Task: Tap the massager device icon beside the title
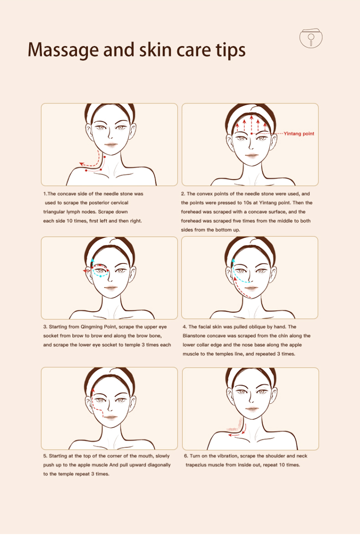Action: [311, 38]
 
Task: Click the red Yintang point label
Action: [299, 134]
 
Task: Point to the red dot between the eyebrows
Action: [252, 134]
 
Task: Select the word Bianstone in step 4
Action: [194, 336]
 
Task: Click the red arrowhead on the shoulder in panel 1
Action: [81, 164]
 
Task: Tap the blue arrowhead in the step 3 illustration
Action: [92, 260]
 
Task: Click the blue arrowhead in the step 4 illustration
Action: [233, 260]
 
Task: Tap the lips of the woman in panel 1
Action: [111, 144]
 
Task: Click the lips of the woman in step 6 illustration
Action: [252, 409]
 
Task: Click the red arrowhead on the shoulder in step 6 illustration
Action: [230, 435]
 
